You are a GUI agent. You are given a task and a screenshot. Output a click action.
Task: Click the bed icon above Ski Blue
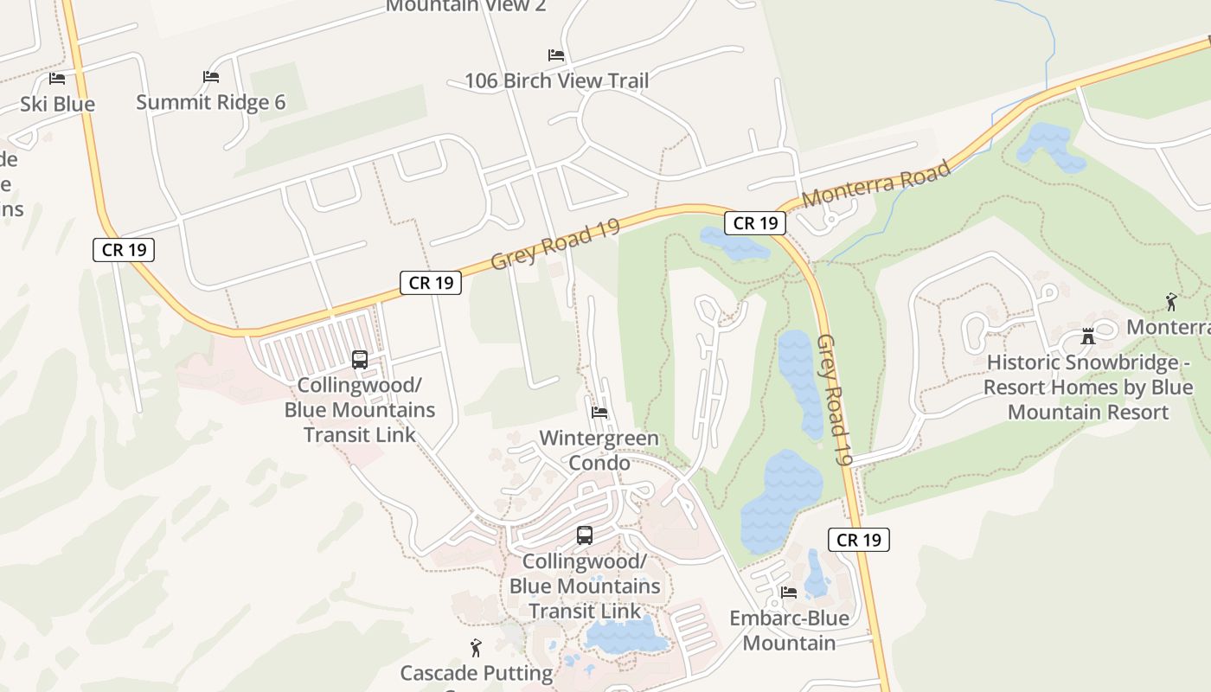(57, 79)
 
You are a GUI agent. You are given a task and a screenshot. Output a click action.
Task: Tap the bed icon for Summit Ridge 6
(211, 77)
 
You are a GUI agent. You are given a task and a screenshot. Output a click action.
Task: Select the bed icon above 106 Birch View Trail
(556, 55)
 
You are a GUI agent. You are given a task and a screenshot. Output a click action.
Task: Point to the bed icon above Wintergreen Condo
(599, 413)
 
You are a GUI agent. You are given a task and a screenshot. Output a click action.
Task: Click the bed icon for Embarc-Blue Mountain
(789, 593)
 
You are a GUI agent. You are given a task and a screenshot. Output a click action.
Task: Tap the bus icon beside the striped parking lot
(360, 360)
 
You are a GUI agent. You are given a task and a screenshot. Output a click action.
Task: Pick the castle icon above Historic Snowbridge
(1088, 336)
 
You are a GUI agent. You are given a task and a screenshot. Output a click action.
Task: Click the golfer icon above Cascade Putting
(476, 648)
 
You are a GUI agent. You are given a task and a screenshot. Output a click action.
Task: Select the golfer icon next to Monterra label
(1171, 302)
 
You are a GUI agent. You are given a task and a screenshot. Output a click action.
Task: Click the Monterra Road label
(876, 183)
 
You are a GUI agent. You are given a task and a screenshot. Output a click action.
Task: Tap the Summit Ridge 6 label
(211, 102)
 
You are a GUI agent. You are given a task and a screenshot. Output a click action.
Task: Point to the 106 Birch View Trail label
(556, 81)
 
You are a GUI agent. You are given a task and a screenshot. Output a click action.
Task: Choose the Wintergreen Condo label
(599, 450)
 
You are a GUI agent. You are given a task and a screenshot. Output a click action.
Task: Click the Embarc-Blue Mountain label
(789, 631)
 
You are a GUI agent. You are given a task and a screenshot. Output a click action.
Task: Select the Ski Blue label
(58, 104)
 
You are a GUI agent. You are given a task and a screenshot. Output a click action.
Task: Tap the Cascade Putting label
(476, 673)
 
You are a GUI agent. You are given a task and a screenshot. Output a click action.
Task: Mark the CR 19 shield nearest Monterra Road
(755, 223)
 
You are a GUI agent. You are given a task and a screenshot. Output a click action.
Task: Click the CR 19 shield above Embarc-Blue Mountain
(859, 540)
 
